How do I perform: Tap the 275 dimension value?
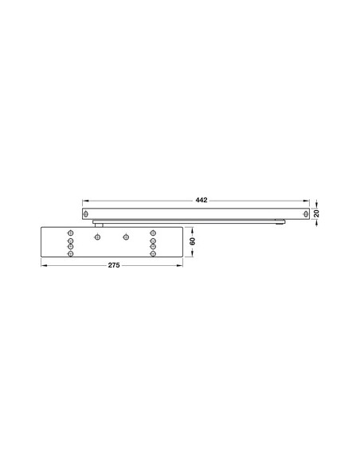(x=112, y=264)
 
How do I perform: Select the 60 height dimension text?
(x=192, y=240)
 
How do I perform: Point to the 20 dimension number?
(x=316, y=213)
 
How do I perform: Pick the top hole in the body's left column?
(x=71, y=232)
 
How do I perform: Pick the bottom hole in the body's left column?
(x=71, y=254)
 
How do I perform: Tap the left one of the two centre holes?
(x=97, y=237)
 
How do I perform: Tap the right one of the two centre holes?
(x=125, y=237)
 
